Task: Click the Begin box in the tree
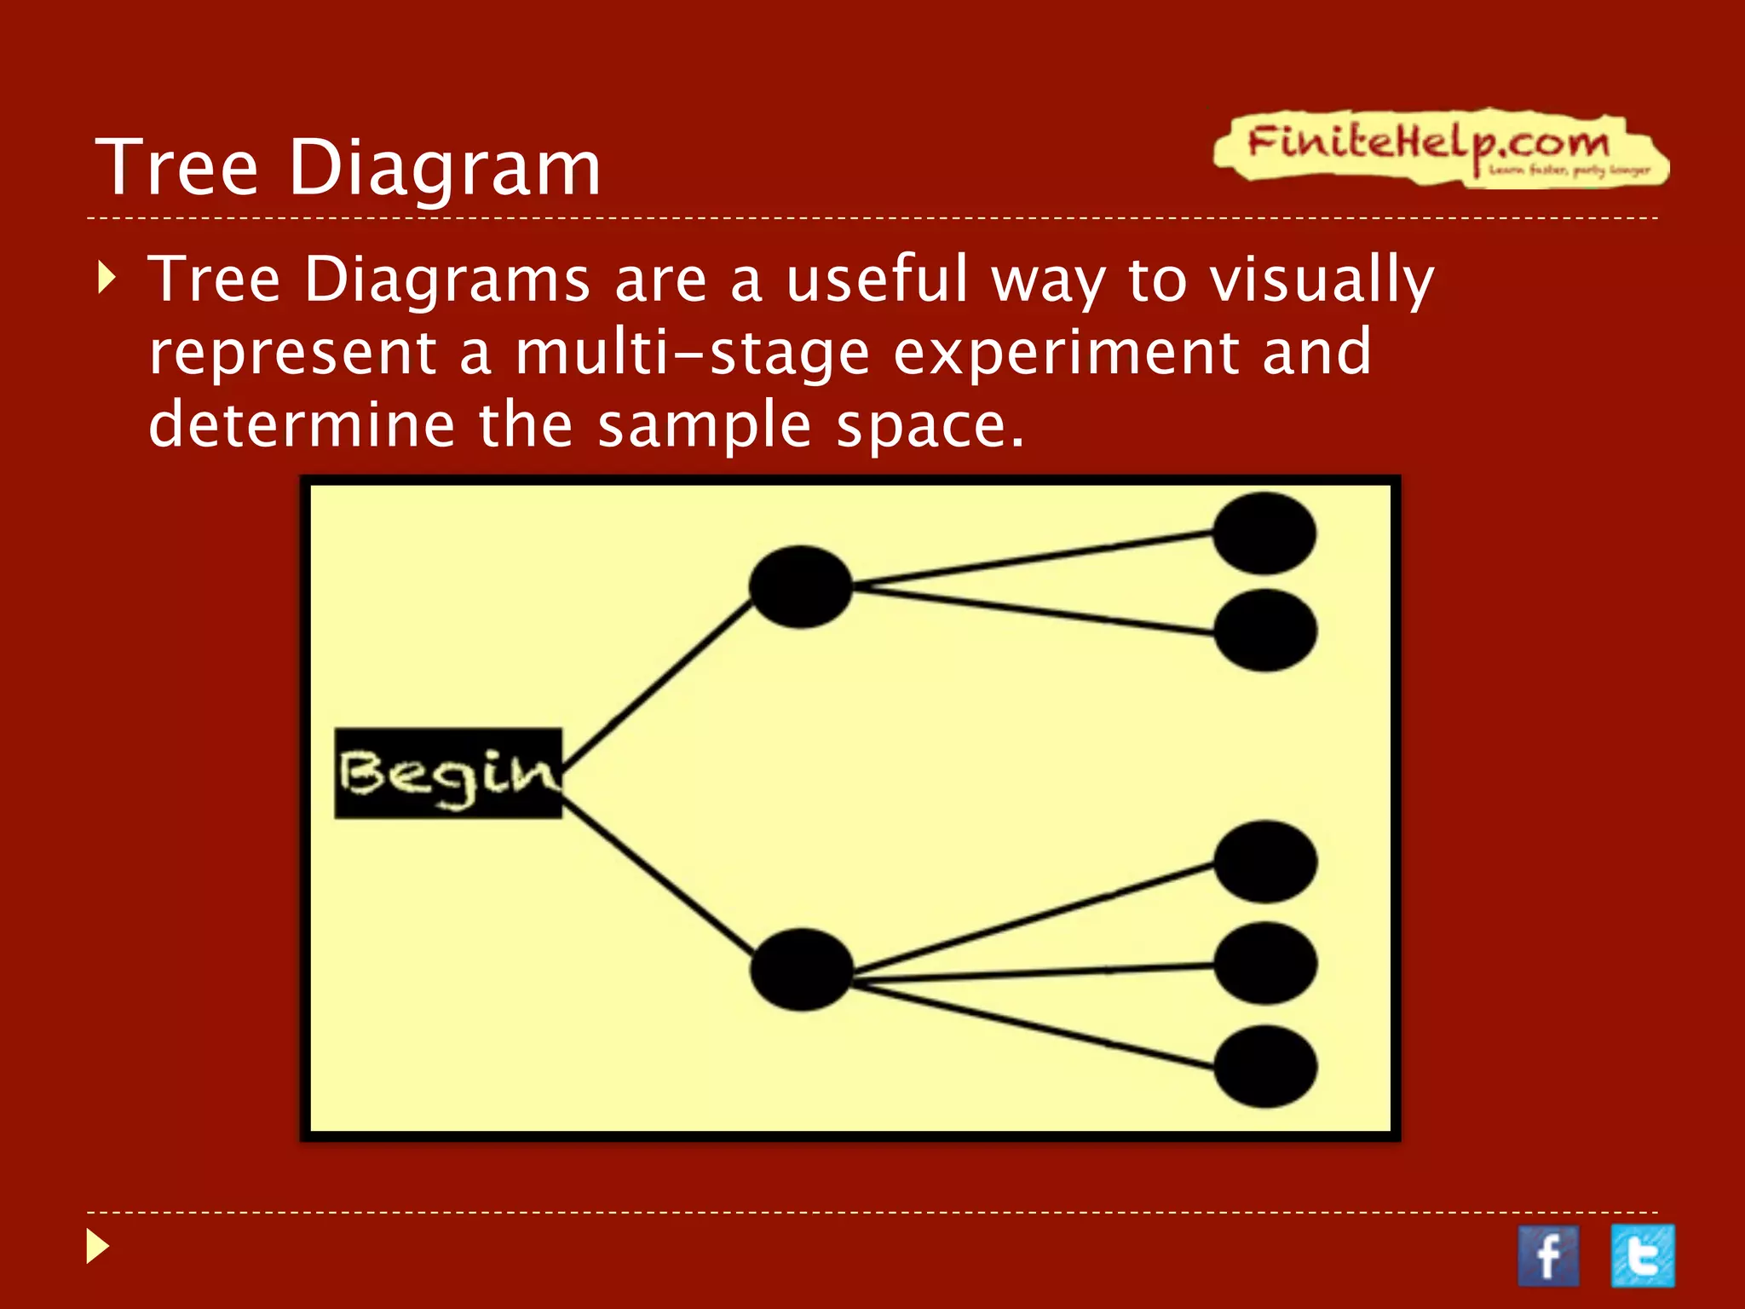click(447, 773)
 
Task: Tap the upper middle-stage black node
click(800, 586)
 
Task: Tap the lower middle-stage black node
click(801, 970)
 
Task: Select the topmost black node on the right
click(1264, 533)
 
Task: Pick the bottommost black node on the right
click(1265, 1066)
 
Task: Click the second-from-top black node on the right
click(1265, 631)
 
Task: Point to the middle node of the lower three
click(1265, 963)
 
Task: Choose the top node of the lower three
click(1265, 862)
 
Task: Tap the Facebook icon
click(1547, 1255)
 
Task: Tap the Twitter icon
click(1643, 1255)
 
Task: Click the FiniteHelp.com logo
click(1440, 147)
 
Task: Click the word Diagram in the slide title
click(445, 168)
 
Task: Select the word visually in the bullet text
click(1322, 280)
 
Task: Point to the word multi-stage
click(692, 353)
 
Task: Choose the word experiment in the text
click(1065, 353)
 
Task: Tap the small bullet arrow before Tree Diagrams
click(106, 278)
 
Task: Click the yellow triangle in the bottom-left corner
click(98, 1247)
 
